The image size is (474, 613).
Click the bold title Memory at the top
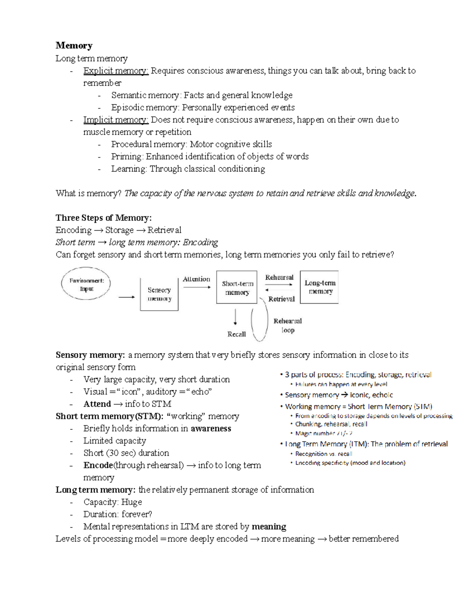click(74, 46)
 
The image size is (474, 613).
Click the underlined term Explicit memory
click(115, 71)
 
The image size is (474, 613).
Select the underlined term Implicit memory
click(115, 120)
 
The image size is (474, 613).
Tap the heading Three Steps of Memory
click(103, 218)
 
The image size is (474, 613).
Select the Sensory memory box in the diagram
click(159, 294)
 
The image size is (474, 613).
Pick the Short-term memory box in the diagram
click(237, 288)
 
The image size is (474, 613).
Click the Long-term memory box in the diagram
click(320, 287)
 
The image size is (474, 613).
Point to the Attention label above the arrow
click(196, 279)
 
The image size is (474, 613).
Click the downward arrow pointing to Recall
click(236, 317)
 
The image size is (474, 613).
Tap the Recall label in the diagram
click(237, 334)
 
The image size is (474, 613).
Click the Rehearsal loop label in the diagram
click(288, 326)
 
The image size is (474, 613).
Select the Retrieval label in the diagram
click(281, 299)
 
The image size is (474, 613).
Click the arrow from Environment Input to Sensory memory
click(126, 297)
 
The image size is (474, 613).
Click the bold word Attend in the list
click(97, 404)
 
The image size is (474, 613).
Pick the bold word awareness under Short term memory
click(211, 428)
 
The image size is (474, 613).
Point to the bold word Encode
click(98, 465)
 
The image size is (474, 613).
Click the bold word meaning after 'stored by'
click(269, 527)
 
